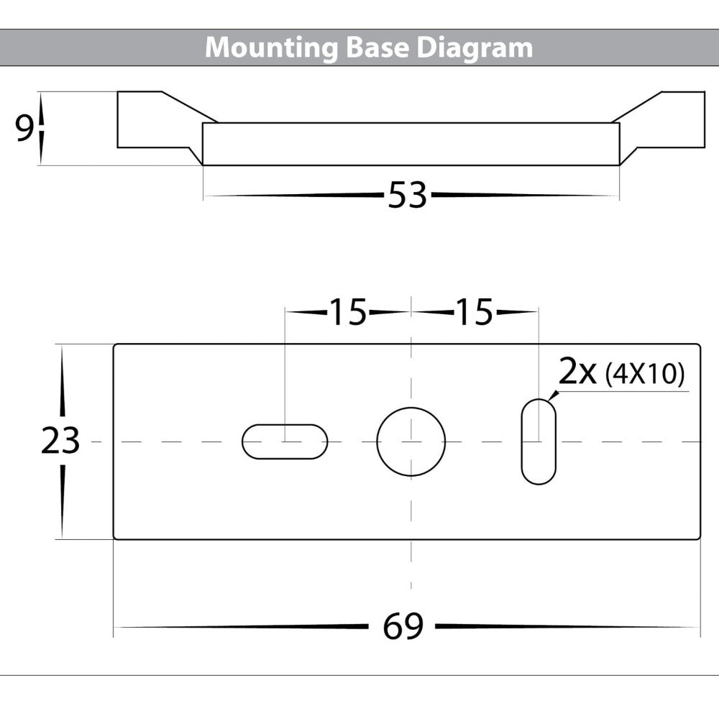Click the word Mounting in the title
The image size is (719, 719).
(x=270, y=48)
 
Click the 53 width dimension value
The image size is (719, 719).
(x=408, y=196)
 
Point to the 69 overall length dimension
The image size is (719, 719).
(x=403, y=627)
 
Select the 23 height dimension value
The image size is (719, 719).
(x=60, y=441)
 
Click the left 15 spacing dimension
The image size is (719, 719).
(x=348, y=313)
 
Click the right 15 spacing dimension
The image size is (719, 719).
(x=474, y=313)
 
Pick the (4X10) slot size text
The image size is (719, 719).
(x=645, y=375)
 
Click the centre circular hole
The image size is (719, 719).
(x=411, y=441)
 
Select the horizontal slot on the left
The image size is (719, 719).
(x=285, y=441)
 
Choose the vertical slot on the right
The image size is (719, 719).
(x=538, y=441)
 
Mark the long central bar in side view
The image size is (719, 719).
(x=411, y=144)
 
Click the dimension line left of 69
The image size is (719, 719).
(x=244, y=627)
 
